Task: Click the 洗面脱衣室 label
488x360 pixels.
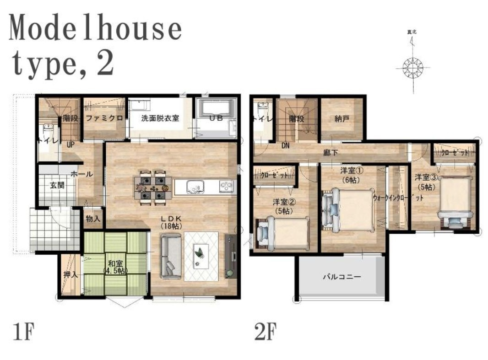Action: [160, 118]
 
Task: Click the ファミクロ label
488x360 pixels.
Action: [104, 118]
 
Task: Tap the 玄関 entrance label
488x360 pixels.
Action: [57, 186]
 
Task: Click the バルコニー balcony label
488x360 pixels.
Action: [342, 277]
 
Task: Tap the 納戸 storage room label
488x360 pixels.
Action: [342, 119]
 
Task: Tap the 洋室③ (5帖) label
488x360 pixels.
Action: [425, 181]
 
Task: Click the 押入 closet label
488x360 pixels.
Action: [70, 276]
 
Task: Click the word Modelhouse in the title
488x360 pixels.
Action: [95, 28]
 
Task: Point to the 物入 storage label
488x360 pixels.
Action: [93, 219]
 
